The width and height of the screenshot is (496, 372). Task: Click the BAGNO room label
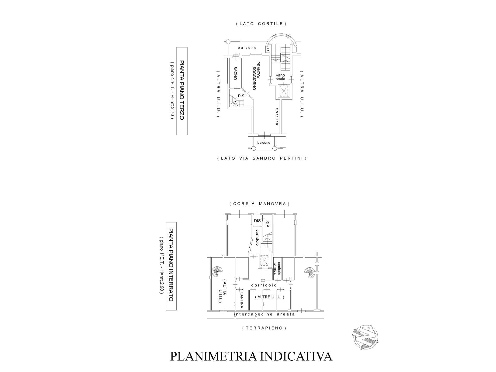coord(235,73)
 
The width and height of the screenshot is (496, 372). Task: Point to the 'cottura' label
coord(277,116)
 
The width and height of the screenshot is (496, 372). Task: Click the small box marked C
coord(268,49)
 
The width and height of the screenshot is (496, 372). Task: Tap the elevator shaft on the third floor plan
coord(284,91)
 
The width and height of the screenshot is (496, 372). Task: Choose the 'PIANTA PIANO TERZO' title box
coord(182,91)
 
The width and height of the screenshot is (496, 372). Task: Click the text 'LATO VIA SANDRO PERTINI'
coord(262,158)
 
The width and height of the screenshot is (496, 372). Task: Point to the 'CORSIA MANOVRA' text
coord(260,204)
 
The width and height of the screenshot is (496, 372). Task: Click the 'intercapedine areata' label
coord(264,314)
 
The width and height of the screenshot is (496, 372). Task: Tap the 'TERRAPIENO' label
coord(264,328)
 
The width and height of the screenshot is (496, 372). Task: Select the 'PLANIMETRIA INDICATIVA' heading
coord(251,356)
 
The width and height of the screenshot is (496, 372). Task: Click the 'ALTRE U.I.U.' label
coord(269,297)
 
